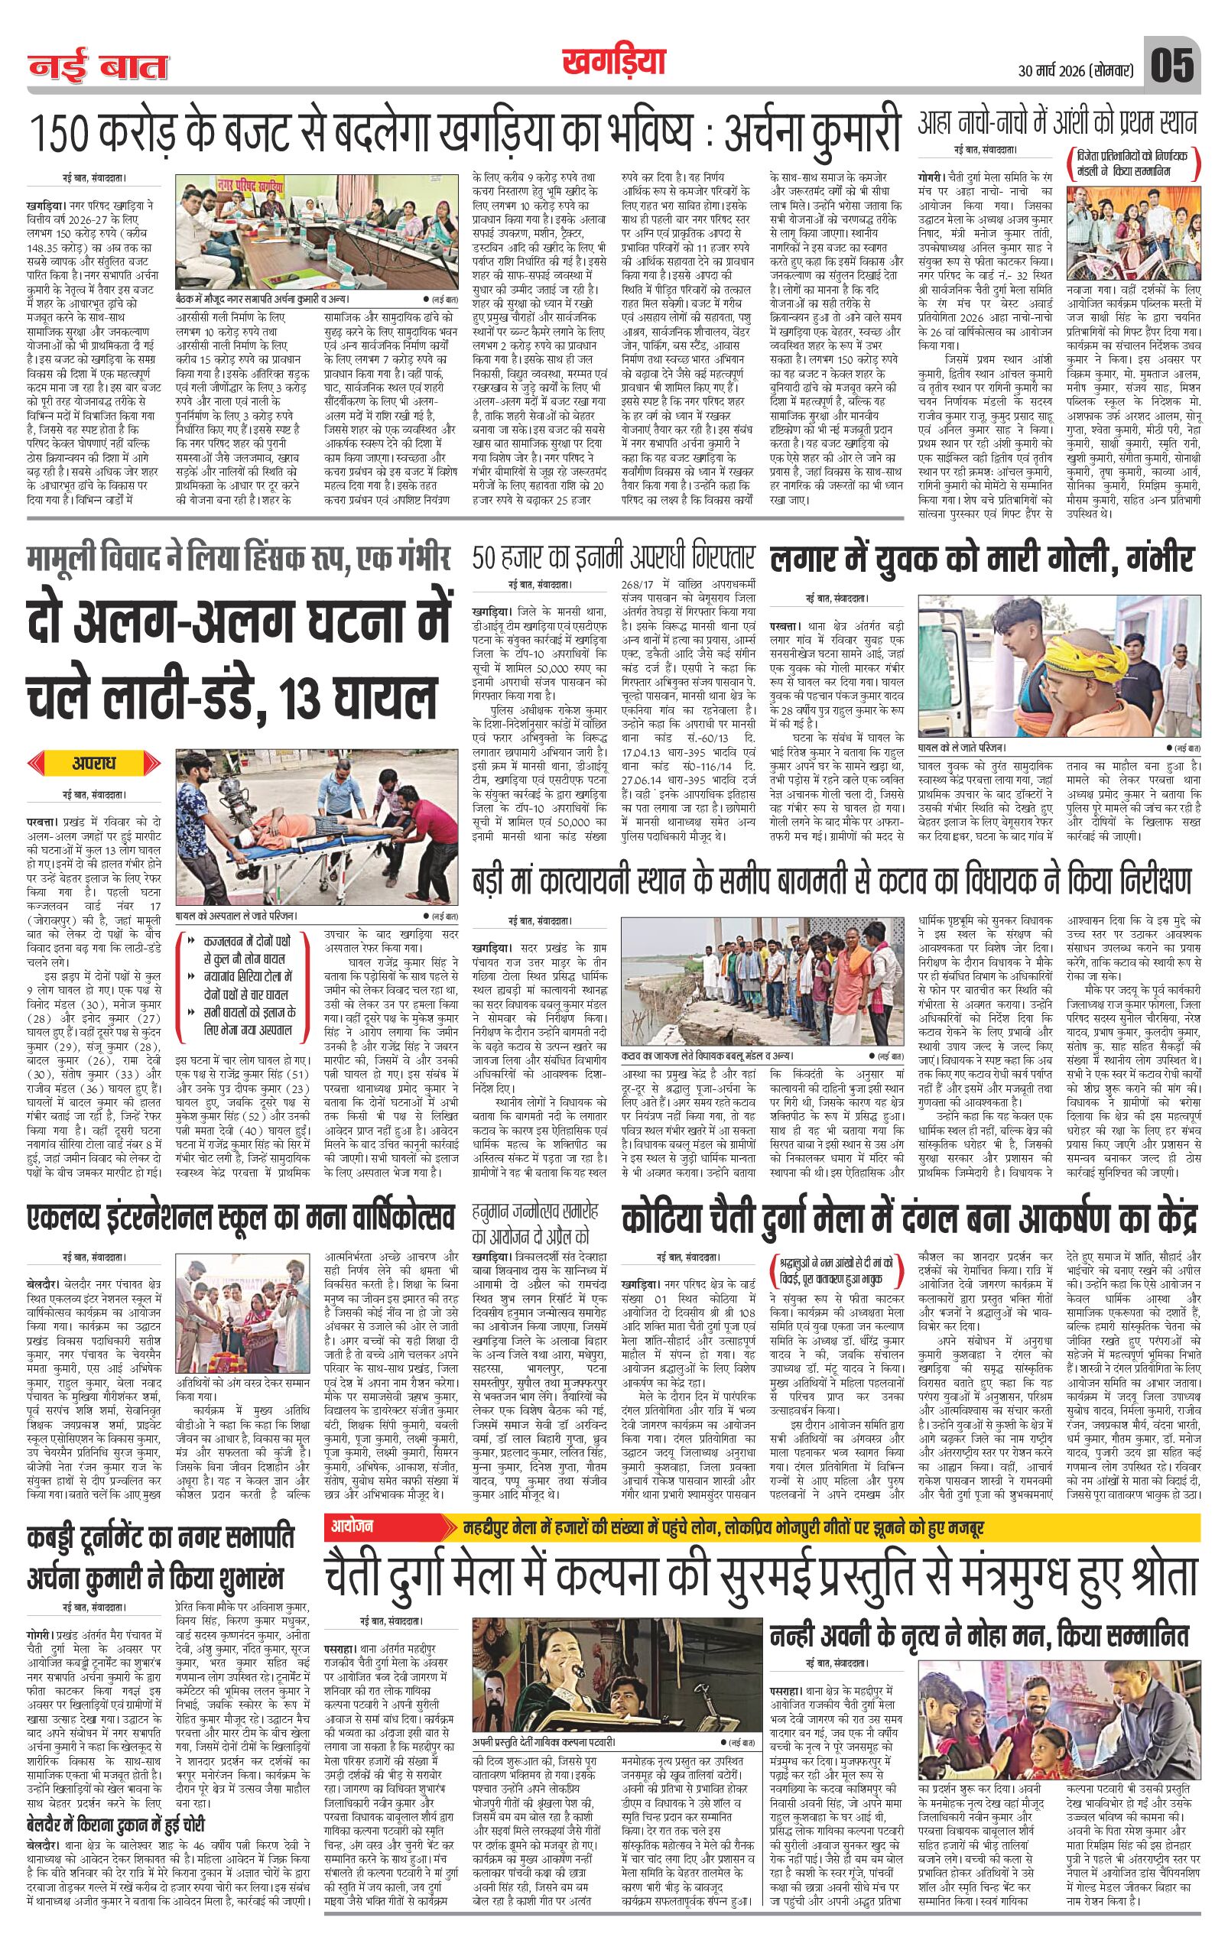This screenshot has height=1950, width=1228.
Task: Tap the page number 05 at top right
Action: [1172, 65]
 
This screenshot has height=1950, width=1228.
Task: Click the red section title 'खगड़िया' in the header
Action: [612, 63]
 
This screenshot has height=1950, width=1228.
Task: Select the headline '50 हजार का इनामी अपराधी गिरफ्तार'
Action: [613, 560]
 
